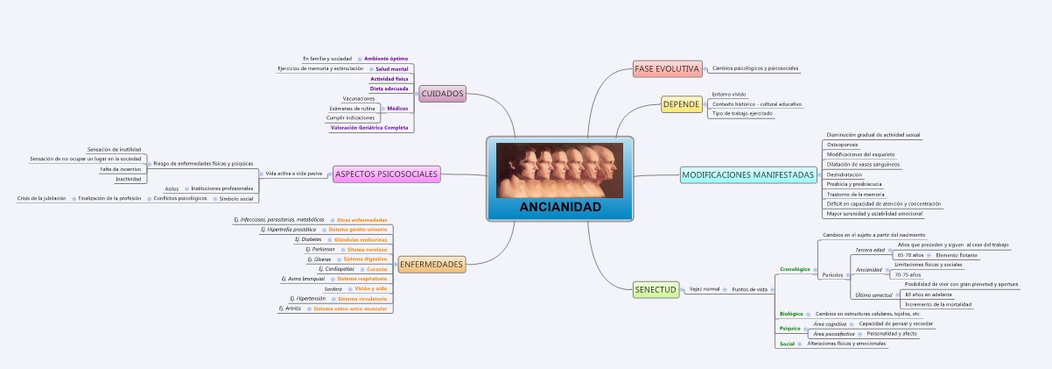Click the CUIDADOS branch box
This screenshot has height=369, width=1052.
click(442, 94)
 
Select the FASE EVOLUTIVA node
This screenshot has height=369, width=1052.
click(667, 68)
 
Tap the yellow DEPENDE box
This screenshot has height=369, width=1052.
click(682, 104)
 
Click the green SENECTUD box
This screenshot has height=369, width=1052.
click(656, 288)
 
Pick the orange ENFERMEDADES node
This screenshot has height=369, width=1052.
click(431, 264)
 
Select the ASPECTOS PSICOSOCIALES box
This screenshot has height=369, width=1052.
click(387, 174)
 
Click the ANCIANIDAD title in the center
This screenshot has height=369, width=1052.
click(560, 208)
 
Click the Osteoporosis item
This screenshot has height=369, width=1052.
click(842, 145)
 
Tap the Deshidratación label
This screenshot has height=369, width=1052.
click(845, 174)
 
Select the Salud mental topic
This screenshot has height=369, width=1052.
click(392, 68)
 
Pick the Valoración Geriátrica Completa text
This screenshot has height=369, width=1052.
click(369, 128)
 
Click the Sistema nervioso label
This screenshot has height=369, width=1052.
click(367, 249)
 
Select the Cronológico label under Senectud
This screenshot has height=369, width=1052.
click(795, 269)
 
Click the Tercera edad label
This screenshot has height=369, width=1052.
click(869, 250)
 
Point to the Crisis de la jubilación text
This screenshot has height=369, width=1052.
click(42, 198)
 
